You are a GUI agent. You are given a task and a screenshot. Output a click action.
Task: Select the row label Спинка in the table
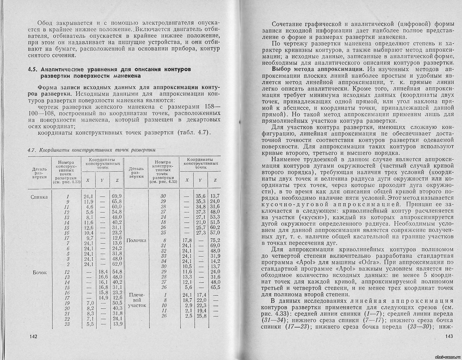(x=39, y=197)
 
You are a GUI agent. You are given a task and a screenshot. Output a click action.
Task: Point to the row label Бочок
(x=39, y=272)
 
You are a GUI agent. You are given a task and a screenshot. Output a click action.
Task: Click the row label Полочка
(x=136, y=240)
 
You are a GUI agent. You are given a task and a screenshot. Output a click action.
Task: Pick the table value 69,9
(x=117, y=196)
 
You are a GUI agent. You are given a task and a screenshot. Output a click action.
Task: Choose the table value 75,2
(x=215, y=240)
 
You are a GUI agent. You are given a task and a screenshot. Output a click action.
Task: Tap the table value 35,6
(x=201, y=196)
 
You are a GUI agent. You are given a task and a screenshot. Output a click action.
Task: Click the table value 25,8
(x=201, y=316)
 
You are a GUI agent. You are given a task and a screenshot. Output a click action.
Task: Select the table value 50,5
(x=117, y=303)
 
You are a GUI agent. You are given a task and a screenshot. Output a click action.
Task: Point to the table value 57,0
(x=215, y=233)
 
